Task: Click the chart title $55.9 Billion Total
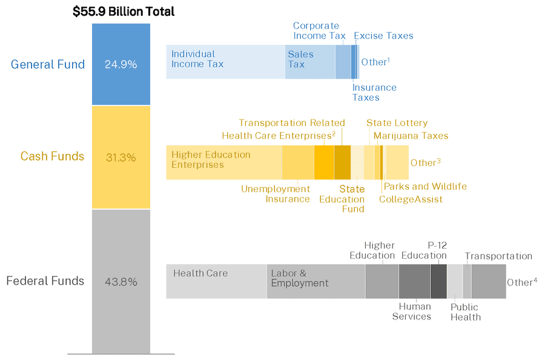(x=124, y=11)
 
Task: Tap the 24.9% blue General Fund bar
(x=121, y=64)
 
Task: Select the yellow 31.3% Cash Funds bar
(x=121, y=157)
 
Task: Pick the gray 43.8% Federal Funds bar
(x=121, y=281)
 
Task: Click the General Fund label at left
(x=48, y=64)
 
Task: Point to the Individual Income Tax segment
(x=225, y=62)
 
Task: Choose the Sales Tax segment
(x=310, y=62)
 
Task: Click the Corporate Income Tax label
(x=319, y=31)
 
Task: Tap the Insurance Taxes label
(x=374, y=92)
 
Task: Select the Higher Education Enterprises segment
(x=224, y=162)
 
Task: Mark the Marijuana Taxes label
(x=411, y=136)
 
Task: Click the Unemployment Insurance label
(x=276, y=194)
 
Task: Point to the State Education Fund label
(x=342, y=199)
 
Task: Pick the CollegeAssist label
(x=411, y=199)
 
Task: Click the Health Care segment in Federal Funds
(x=216, y=281)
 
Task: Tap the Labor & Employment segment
(x=315, y=281)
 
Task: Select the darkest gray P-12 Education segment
(x=438, y=281)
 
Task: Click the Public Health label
(x=465, y=312)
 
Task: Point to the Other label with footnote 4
(x=522, y=282)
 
